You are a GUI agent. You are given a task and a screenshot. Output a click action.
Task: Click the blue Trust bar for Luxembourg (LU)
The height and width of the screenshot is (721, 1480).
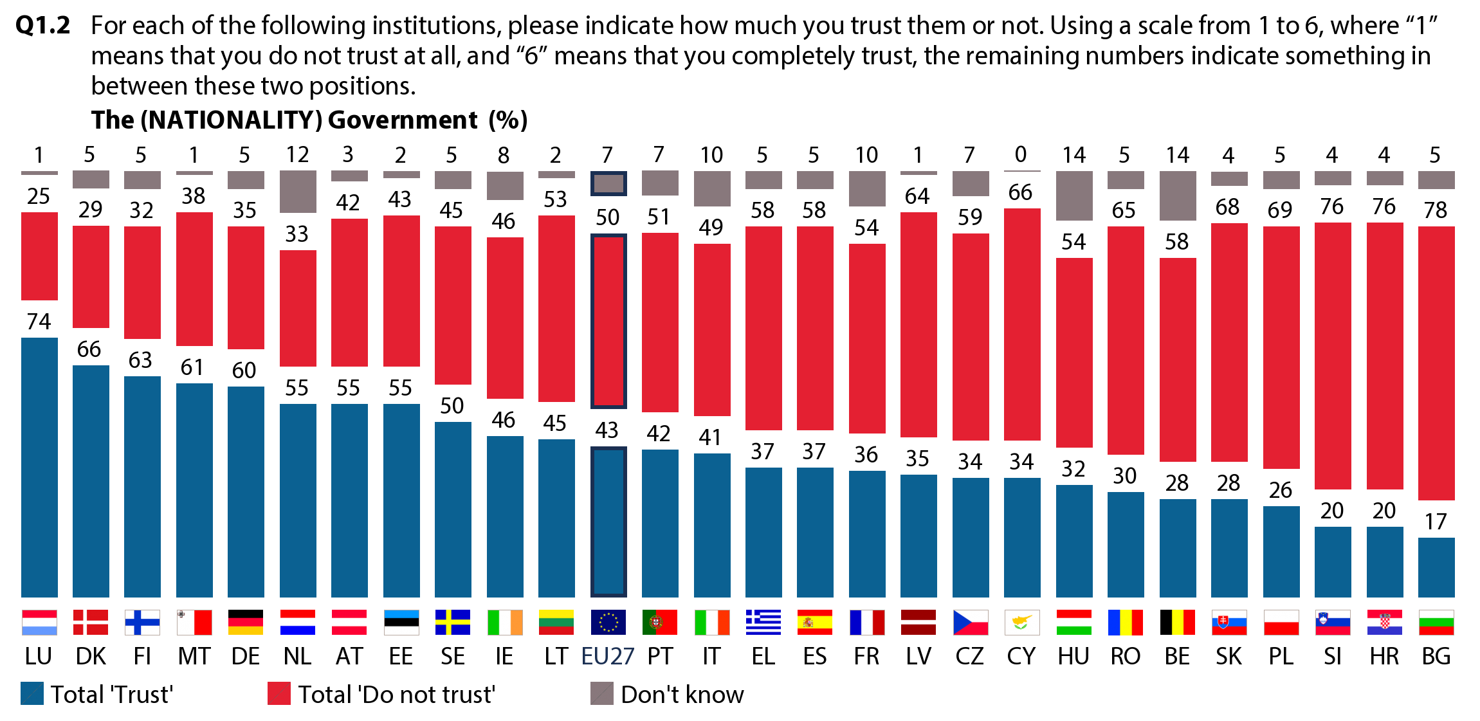[x=39, y=467]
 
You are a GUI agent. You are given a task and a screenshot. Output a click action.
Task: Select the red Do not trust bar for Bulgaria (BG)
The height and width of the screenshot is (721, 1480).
[x=1436, y=363]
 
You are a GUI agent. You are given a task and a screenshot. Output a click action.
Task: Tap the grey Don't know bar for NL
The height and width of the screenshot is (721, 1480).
[x=298, y=191]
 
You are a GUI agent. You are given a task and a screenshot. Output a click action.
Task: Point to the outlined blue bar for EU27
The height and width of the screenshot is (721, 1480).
[x=608, y=522]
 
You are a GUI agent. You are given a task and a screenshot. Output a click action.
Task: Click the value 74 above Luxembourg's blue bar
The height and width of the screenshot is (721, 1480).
[x=39, y=321]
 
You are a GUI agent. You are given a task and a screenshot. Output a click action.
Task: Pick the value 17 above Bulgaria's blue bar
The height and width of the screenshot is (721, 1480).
[x=1436, y=521]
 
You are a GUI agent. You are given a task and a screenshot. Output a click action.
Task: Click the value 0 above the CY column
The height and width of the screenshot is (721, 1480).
[x=1021, y=154]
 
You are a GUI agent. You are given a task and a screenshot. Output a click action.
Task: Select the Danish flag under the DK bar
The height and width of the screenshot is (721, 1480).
[x=91, y=622]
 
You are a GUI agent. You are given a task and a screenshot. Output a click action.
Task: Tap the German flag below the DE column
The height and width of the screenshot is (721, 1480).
[x=246, y=622]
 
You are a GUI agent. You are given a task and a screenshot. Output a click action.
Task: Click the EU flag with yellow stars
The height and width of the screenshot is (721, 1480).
[x=608, y=622]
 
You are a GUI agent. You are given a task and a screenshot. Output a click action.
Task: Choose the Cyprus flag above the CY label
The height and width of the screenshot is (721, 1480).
[x=1021, y=622]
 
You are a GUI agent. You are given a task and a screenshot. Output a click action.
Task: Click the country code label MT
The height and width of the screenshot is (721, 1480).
[x=194, y=656]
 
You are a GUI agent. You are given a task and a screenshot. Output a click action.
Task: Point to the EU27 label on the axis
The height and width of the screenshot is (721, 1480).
[x=608, y=656]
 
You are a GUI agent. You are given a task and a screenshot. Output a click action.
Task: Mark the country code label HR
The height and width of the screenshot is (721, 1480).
[x=1384, y=656]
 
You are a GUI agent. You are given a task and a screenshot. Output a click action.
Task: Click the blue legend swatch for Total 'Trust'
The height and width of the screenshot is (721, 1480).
[x=32, y=694]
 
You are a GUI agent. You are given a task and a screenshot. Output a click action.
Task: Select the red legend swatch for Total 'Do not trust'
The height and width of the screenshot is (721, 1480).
[x=279, y=694]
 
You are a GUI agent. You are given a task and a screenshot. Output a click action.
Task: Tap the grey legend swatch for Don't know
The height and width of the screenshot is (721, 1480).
[x=602, y=694]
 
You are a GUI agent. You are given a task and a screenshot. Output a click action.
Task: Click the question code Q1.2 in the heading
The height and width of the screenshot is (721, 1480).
[x=42, y=26]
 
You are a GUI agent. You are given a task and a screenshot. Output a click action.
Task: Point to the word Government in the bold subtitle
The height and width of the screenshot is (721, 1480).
[x=403, y=120]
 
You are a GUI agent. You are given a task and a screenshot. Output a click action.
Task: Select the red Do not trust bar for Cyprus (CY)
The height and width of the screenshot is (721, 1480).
[x=1022, y=324]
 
